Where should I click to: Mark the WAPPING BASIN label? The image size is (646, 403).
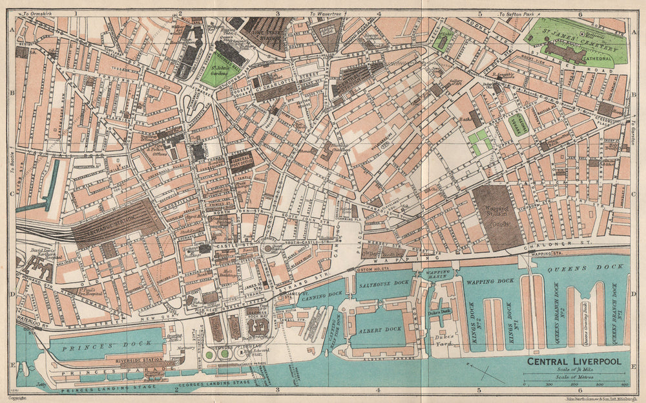437,274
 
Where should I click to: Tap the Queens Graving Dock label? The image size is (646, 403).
588,317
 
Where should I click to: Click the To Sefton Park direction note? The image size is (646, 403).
518,14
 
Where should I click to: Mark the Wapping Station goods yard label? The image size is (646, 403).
497,215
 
